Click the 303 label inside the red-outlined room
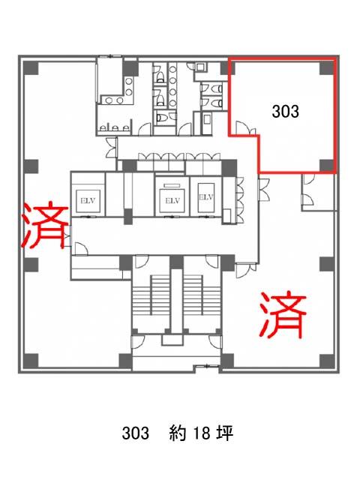click(x=285, y=111)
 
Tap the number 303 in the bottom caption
click(x=135, y=433)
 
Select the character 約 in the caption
click(x=178, y=433)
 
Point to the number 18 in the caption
click(x=202, y=433)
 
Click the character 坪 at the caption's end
click(x=225, y=433)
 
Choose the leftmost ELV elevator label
click(x=88, y=201)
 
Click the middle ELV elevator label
click(x=172, y=201)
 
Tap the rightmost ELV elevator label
click(x=206, y=197)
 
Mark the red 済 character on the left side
click(x=45, y=226)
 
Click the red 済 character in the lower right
click(x=283, y=315)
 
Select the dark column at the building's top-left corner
click(x=31, y=68)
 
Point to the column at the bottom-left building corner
click(x=31, y=361)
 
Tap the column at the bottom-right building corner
click(x=327, y=361)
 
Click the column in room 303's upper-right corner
click(x=327, y=68)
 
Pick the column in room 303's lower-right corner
click(x=327, y=166)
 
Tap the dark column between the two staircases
click(x=177, y=262)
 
